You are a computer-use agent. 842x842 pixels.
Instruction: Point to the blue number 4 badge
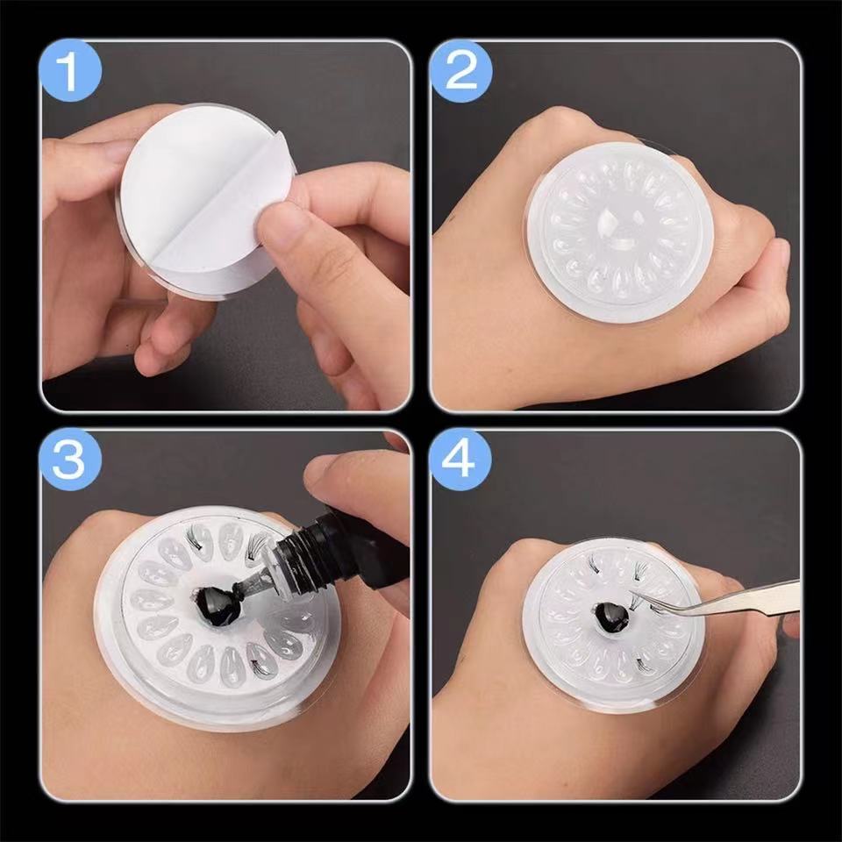coord(461,460)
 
